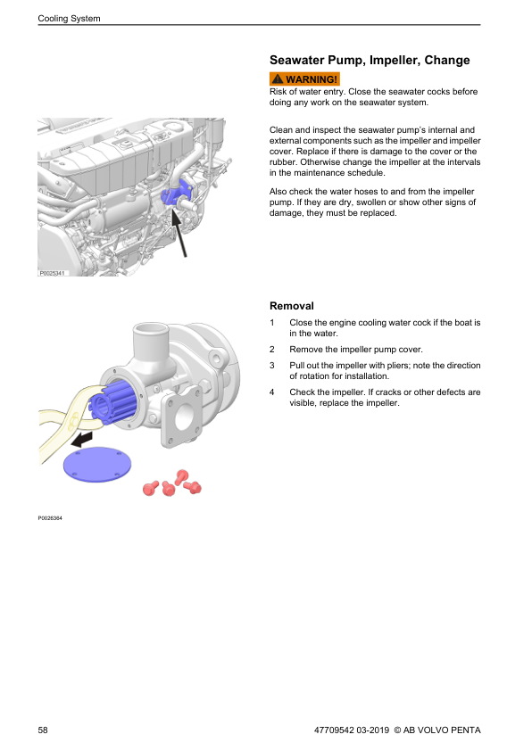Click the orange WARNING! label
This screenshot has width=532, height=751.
pos(304,78)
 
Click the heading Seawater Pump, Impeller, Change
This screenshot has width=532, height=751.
pos(370,60)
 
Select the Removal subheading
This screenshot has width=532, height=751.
pos(291,306)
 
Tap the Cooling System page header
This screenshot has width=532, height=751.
pos(69,18)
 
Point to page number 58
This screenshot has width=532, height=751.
pos(43,730)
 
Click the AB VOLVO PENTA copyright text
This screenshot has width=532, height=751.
pos(437,730)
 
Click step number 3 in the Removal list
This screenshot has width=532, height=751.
pos(271,365)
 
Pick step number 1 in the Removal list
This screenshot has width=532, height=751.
pos(271,322)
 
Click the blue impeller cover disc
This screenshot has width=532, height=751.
pos(97,464)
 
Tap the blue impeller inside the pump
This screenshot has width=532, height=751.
pos(114,403)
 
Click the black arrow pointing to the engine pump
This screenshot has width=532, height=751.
pos(179,234)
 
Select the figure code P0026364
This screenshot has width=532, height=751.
pos(50,517)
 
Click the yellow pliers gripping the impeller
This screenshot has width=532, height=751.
pos(72,422)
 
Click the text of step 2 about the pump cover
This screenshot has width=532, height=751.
pos(356,349)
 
